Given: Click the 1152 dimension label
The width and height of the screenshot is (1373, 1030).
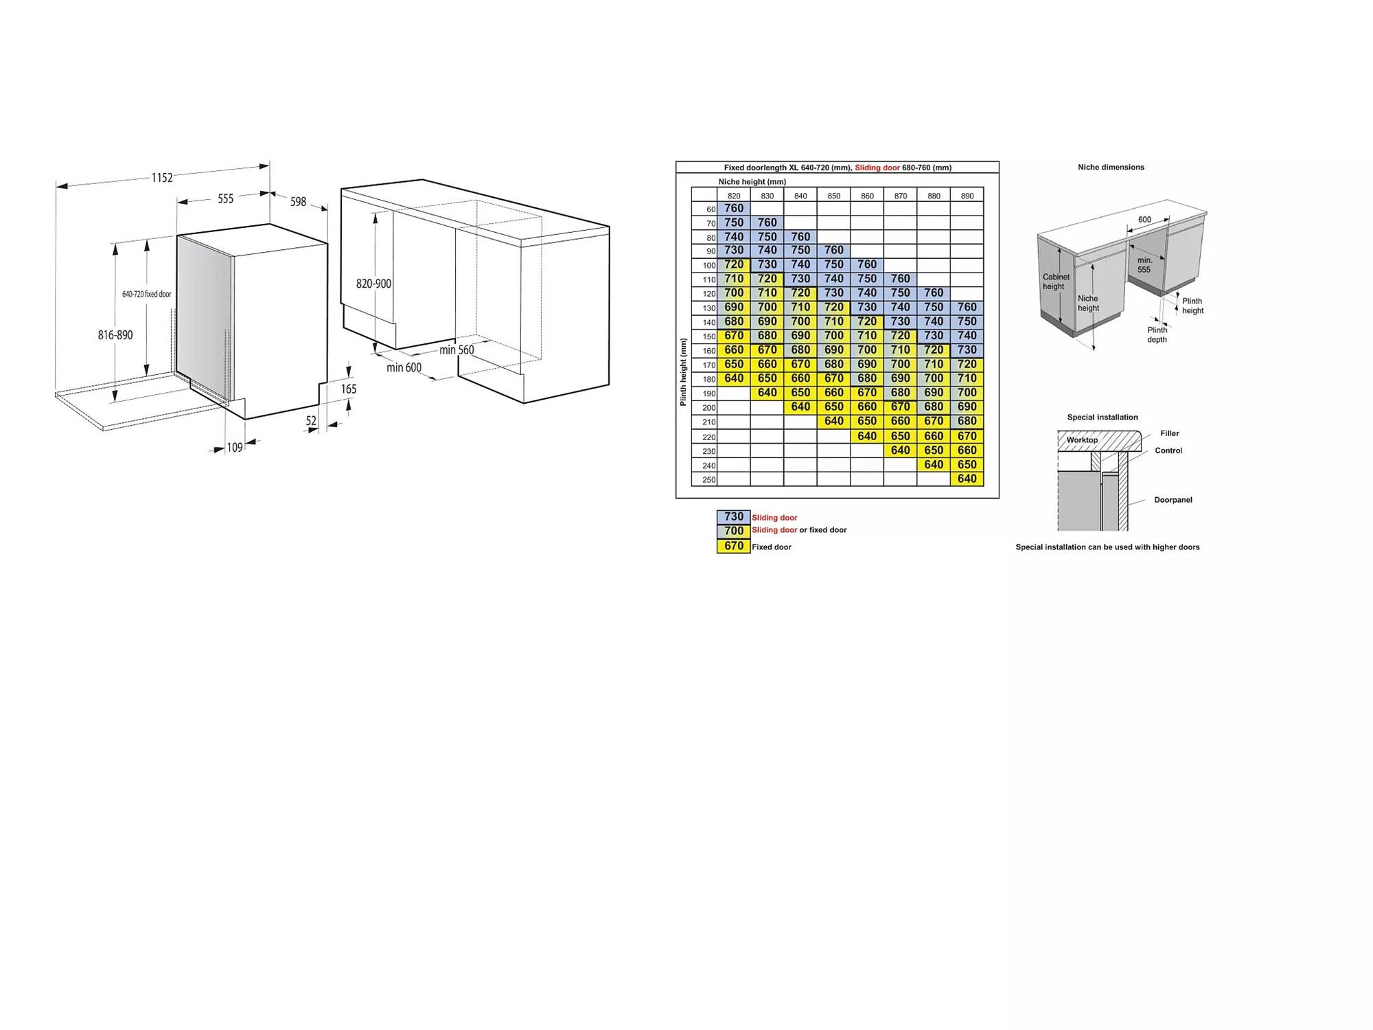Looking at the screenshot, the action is pyautogui.click(x=162, y=178).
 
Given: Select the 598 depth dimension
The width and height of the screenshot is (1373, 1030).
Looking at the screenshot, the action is pyautogui.click(x=298, y=202).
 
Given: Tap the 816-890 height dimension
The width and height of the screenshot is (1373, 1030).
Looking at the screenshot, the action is pyautogui.click(x=115, y=335).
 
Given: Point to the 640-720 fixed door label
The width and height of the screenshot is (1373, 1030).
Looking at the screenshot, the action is pyautogui.click(x=147, y=294).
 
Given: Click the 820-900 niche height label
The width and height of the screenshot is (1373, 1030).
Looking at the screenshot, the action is pyautogui.click(x=373, y=284).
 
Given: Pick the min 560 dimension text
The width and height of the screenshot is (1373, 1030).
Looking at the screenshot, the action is pyautogui.click(x=457, y=350).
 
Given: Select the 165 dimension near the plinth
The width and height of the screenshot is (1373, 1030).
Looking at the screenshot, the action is pyautogui.click(x=349, y=389).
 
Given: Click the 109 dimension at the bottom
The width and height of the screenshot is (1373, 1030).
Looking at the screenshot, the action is pyautogui.click(x=235, y=448).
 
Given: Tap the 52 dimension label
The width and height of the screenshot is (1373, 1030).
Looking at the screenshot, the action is pyautogui.click(x=311, y=421).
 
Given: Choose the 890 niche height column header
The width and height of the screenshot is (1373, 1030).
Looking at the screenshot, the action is pyautogui.click(x=967, y=196).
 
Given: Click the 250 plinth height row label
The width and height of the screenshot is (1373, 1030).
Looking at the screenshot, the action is pyautogui.click(x=709, y=480).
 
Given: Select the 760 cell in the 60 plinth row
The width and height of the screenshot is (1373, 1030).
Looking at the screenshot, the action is pyautogui.click(x=734, y=208).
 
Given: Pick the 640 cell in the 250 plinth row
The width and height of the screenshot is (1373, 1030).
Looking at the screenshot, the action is pyautogui.click(x=967, y=479).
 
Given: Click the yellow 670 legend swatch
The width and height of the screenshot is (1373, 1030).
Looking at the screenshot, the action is pyautogui.click(x=734, y=546).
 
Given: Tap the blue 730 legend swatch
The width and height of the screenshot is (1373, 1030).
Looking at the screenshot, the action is pyautogui.click(x=734, y=516).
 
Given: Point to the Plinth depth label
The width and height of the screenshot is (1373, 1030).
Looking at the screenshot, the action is pyautogui.click(x=1157, y=334).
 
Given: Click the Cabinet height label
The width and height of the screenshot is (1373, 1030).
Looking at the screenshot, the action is pyautogui.click(x=1056, y=282).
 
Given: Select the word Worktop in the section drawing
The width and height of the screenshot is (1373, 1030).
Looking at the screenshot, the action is pyautogui.click(x=1082, y=440).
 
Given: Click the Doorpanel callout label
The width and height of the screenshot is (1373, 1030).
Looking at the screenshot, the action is pyautogui.click(x=1173, y=500).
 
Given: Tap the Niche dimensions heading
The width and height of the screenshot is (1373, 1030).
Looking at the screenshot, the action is pyautogui.click(x=1111, y=167).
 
